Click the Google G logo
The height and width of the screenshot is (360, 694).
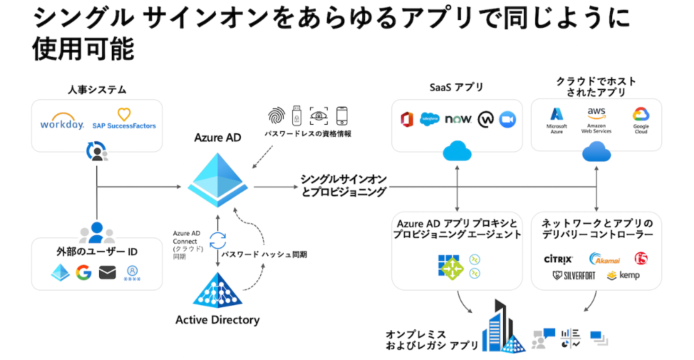point(84,273)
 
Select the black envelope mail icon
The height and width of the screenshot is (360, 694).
point(107,273)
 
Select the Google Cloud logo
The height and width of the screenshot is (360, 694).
point(640,119)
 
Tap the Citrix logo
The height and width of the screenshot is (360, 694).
point(558,259)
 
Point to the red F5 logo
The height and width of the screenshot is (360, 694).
point(641,259)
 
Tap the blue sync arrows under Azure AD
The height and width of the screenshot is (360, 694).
point(218,240)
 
